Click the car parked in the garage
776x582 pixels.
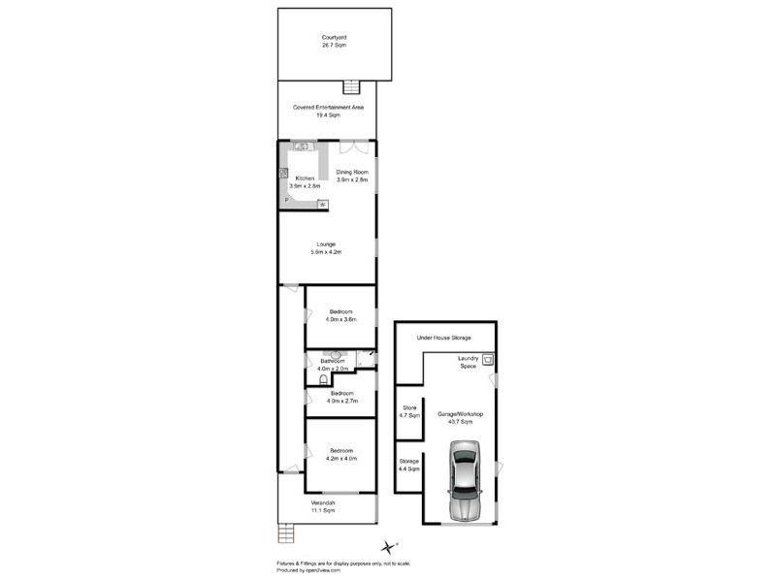465,481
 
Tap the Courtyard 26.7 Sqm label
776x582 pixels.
335,42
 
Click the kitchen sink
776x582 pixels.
302,146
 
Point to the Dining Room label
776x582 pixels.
352,176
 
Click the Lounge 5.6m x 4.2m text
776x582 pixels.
325,247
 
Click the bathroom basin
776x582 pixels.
336,355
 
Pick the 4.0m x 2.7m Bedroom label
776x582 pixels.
341,397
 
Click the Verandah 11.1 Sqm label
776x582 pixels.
323,506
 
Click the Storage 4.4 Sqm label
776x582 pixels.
408,465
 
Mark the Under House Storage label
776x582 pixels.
443,338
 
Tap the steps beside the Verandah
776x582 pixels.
284,533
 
